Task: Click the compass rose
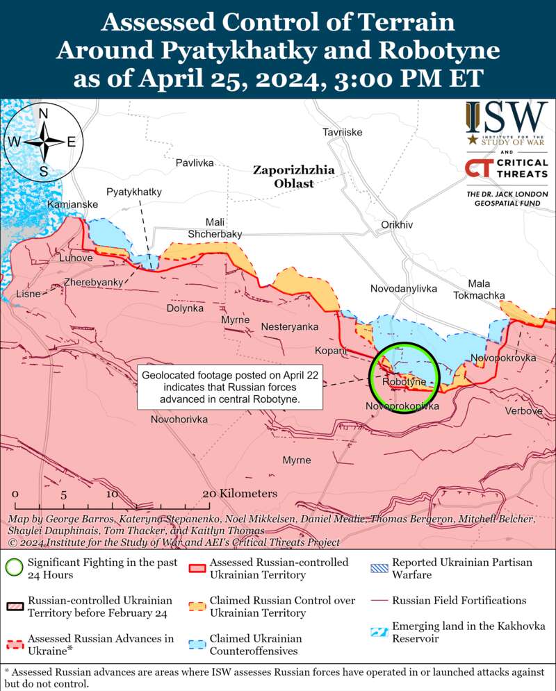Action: tap(43, 141)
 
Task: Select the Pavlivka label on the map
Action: tap(195, 163)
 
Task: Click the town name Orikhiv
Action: tap(397, 225)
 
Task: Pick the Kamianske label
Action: tap(72, 205)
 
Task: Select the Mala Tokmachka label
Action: tap(479, 290)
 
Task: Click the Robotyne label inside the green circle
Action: tap(404, 382)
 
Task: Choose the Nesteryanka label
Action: tap(290, 326)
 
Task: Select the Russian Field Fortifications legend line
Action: tap(378, 600)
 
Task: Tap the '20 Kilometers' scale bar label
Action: tap(239, 493)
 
